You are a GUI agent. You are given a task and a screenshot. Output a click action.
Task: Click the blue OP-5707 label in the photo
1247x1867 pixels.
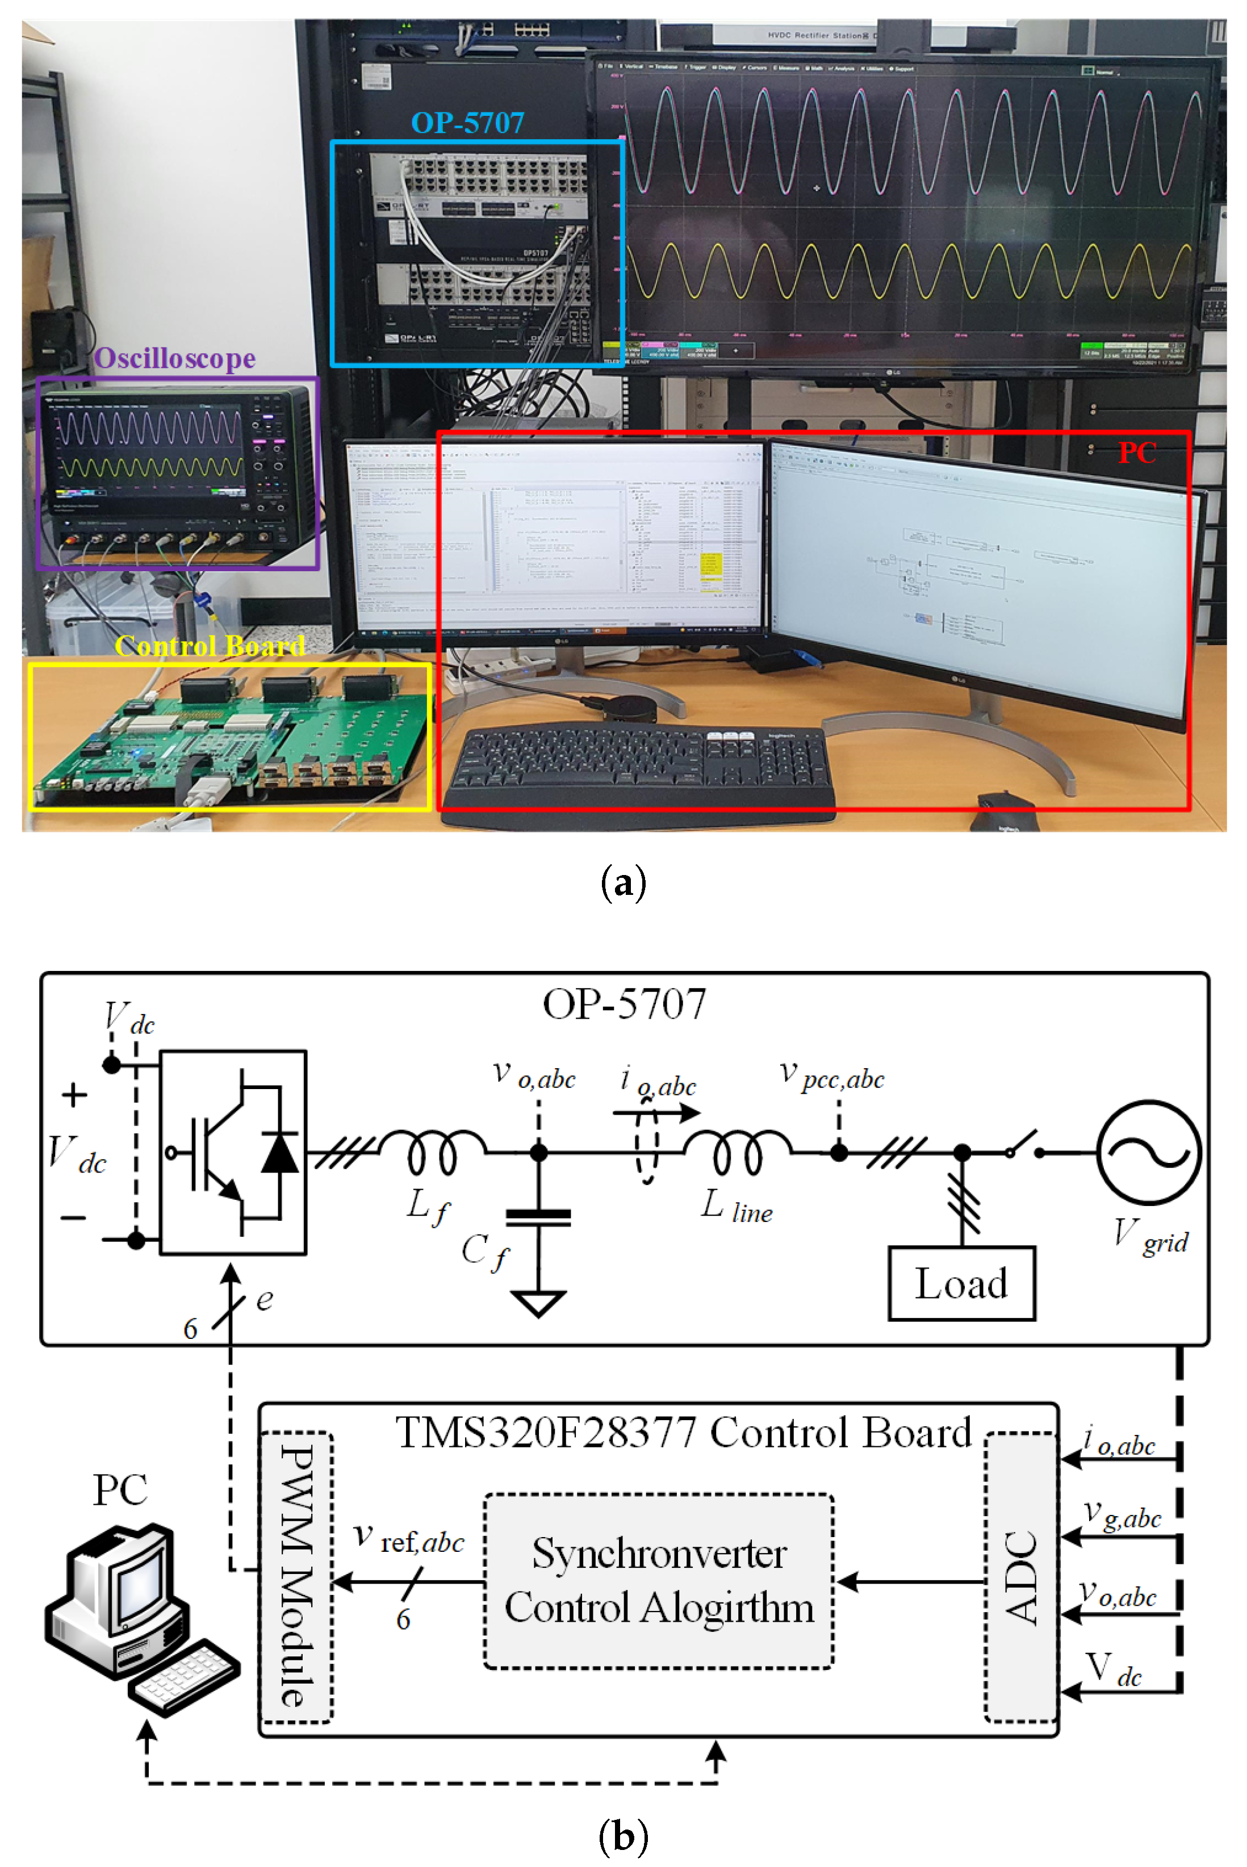point(468,123)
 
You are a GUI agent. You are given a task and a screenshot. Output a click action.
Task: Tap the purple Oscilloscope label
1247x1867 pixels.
point(175,359)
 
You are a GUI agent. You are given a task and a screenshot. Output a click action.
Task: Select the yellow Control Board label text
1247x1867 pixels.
point(210,645)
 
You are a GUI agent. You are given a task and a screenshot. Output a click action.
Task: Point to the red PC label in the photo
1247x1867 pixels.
point(1136,453)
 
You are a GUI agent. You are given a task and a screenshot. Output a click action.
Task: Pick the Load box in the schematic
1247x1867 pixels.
point(961,1283)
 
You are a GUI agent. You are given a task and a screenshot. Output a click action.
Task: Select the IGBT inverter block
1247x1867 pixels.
point(233,1152)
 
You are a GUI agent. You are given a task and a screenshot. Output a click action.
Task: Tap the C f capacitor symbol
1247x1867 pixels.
point(538,1217)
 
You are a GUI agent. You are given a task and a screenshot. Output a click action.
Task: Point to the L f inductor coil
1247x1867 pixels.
point(432,1150)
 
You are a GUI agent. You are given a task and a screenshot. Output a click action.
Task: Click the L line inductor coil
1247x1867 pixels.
point(737,1150)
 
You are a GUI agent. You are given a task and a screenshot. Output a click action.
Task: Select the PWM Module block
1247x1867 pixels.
point(296,1579)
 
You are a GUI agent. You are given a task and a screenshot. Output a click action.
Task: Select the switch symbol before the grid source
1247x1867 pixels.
point(1025,1145)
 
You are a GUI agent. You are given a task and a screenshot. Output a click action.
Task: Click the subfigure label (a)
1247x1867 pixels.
point(623,884)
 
